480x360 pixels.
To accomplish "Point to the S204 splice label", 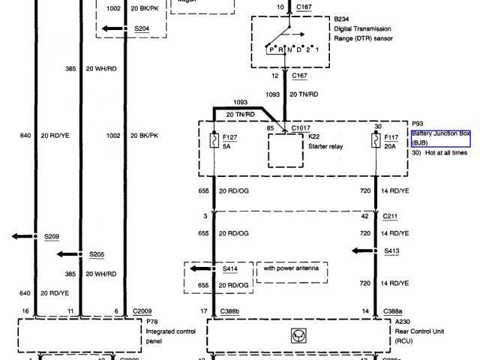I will coord(141,28).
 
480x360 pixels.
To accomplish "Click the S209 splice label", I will coord(51,236).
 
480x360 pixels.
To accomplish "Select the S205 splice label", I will coord(96,253).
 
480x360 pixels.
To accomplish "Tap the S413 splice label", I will coord(391,250).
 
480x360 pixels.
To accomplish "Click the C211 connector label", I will coord(390,216).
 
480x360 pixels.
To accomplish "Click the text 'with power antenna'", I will coord(292,268).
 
